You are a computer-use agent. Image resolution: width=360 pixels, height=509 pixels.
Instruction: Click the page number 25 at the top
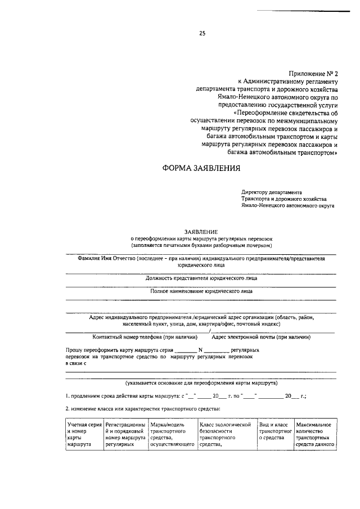(x=202, y=33)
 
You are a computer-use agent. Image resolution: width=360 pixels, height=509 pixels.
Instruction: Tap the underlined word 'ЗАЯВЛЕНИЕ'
(x=201, y=231)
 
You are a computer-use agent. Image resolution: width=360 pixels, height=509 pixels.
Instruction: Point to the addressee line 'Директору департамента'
(x=272, y=192)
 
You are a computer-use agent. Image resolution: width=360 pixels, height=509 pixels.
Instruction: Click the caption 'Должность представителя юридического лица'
(x=201, y=278)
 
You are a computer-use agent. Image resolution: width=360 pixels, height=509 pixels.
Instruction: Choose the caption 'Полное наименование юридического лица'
(x=201, y=291)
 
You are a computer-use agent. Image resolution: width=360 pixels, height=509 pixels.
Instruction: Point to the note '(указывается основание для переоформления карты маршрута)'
(x=201, y=382)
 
